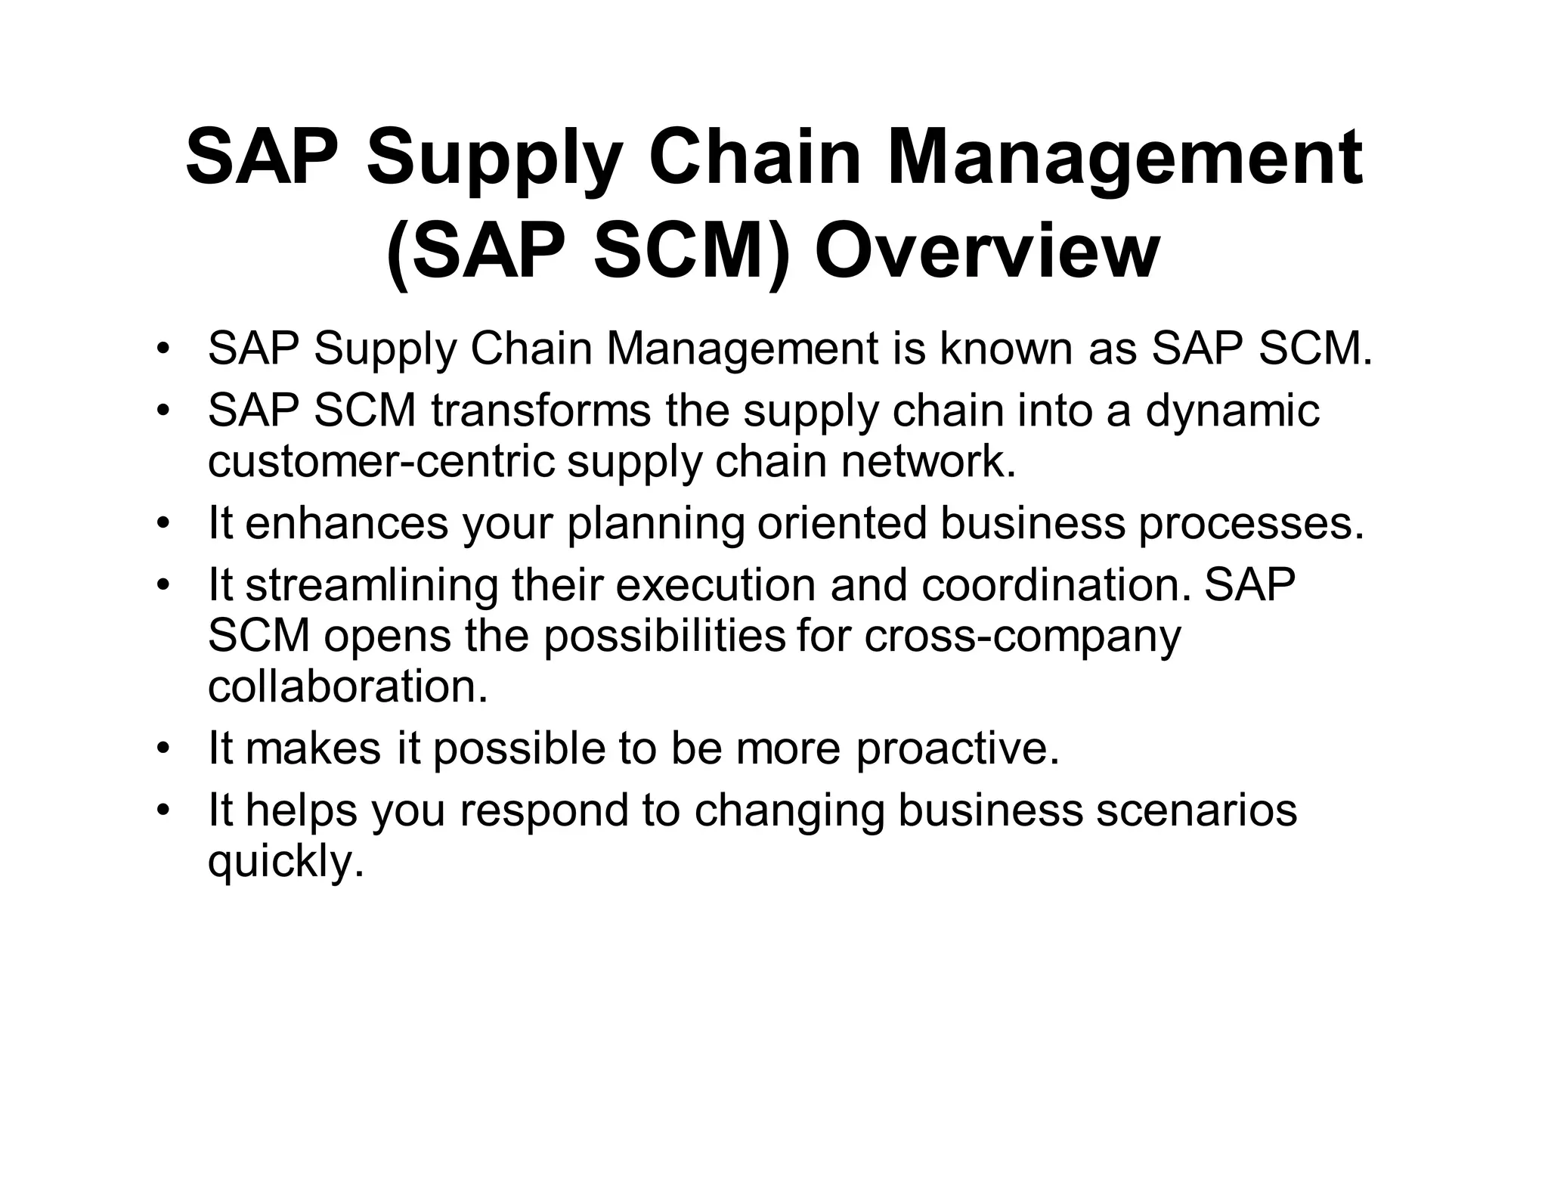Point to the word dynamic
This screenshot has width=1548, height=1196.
click(x=1232, y=411)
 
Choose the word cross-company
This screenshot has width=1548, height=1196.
click(x=1022, y=637)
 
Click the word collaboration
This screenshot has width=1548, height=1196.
click(x=348, y=686)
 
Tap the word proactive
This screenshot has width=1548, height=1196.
click(x=958, y=748)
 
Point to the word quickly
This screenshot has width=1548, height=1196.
click(x=286, y=862)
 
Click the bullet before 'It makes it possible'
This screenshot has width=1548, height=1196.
click(x=163, y=749)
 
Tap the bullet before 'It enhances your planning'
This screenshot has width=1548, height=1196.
click(x=163, y=524)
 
